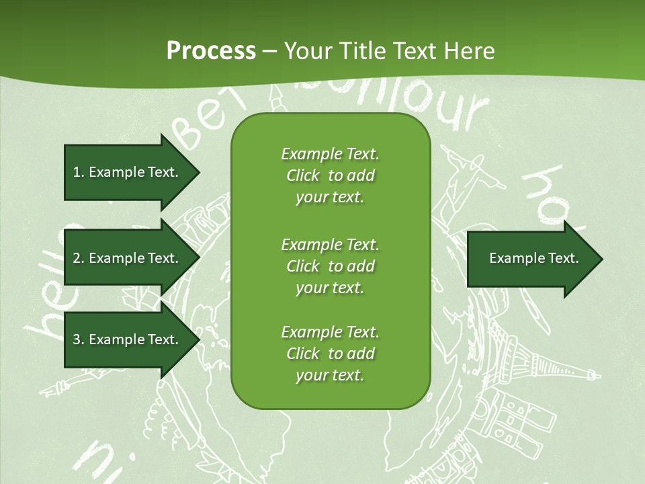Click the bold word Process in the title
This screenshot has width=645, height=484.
pyautogui.click(x=211, y=51)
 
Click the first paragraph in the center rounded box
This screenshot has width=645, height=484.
pyautogui.click(x=330, y=175)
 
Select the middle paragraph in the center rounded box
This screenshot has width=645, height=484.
pyautogui.click(x=330, y=266)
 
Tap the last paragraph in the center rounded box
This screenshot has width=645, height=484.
pyautogui.click(x=330, y=354)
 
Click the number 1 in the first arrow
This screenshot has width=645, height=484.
pyautogui.click(x=76, y=172)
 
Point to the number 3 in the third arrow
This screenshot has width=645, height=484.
pyautogui.click(x=77, y=339)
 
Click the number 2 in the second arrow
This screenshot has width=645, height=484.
pyautogui.click(x=77, y=258)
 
